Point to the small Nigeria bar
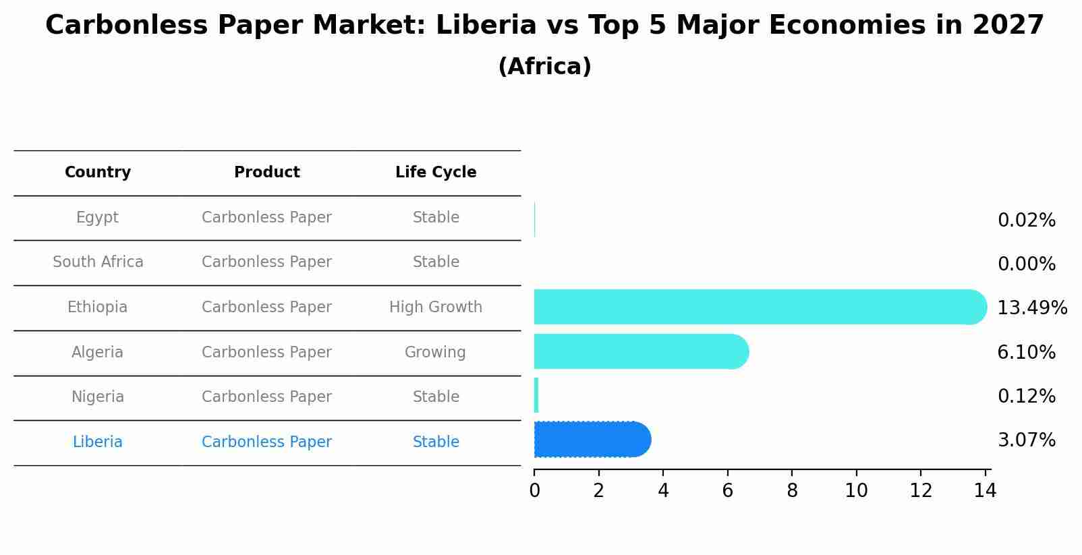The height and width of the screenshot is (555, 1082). pos(536,395)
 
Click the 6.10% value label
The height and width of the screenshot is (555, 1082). pos(1026,352)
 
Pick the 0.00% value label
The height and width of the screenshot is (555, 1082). pos(1026,264)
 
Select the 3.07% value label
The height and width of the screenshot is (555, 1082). pos(1026,440)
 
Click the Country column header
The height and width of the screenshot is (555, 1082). pos(98,173)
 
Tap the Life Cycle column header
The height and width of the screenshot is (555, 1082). pos(436,173)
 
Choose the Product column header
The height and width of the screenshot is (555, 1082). pos(266,173)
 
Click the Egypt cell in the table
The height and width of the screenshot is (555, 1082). pos(97,218)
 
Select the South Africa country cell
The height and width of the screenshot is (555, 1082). pos(98,262)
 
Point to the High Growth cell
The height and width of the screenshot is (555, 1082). pos(436,308)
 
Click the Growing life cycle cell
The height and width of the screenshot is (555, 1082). pos(435,352)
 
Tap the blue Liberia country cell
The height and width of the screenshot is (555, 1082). pos(98,442)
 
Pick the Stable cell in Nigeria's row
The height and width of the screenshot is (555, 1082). pos(436,397)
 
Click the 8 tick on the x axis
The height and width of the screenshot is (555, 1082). pos(792,491)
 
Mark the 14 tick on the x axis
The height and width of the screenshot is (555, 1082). pos(985,491)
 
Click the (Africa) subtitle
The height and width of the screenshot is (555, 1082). pos(544,67)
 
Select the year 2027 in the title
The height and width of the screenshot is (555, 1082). pos(1008,26)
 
